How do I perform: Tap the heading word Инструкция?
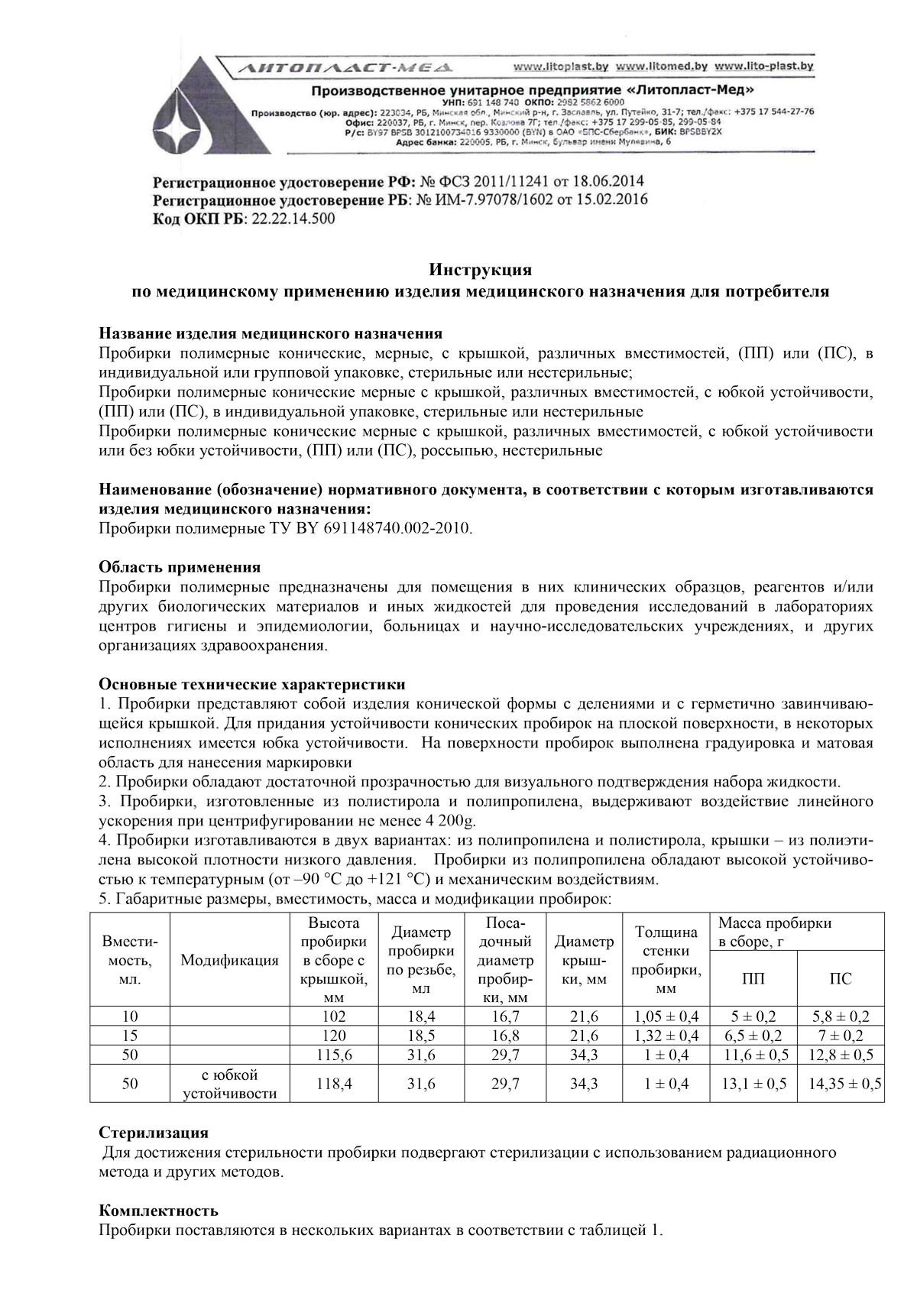click(480, 270)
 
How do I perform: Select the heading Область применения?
click(180, 567)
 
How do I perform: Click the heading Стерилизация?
click(154, 1132)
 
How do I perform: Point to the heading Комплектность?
click(159, 1211)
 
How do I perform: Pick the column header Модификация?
click(229, 961)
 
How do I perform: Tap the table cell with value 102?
click(334, 1017)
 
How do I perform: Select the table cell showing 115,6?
click(334, 1055)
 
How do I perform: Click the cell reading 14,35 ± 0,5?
click(841, 1084)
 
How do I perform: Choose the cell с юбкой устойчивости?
click(229, 1084)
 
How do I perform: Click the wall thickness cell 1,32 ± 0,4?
click(666, 1036)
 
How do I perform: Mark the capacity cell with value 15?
click(130, 1036)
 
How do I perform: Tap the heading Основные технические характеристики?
click(252, 684)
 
